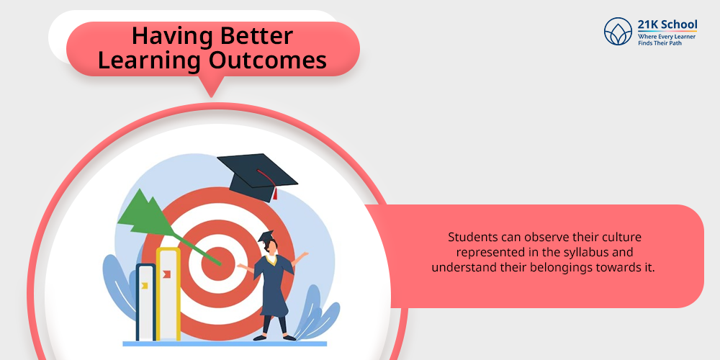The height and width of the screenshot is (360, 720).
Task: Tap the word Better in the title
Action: click(x=251, y=36)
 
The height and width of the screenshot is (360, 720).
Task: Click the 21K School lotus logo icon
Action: click(x=618, y=31)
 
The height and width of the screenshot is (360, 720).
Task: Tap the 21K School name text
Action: click(x=667, y=24)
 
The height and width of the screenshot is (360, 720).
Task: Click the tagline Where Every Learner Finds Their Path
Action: click(x=667, y=40)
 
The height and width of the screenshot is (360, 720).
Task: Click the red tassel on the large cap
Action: click(x=275, y=193)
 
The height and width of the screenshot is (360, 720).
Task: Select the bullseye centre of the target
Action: click(x=217, y=263)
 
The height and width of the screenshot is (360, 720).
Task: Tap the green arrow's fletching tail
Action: click(x=141, y=213)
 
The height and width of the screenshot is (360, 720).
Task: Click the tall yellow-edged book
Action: click(x=168, y=294)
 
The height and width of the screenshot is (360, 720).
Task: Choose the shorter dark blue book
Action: click(x=145, y=302)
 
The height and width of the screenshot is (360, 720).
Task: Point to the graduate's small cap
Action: click(x=266, y=236)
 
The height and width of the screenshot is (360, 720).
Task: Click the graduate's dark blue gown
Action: click(x=273, y=284)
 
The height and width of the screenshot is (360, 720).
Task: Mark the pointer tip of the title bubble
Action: click(x=211, y=97)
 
